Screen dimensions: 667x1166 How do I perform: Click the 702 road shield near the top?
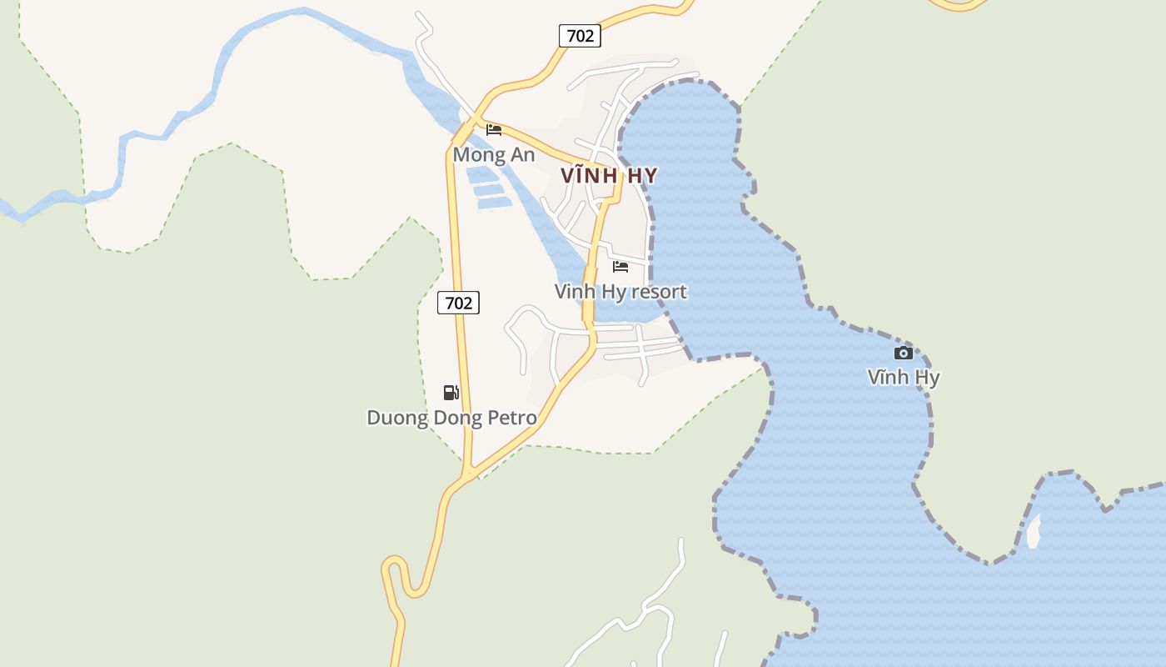click(580, 36)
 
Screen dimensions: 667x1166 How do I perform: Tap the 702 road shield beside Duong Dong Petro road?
click(458, 303)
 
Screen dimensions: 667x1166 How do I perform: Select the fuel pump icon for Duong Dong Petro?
click(451, 393)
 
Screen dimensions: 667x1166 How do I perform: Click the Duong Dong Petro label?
click(451, 417)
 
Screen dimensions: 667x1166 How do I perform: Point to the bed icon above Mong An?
click(494, 130)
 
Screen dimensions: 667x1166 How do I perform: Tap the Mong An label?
click(494, 155)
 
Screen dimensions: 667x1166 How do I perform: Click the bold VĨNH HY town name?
click(609, 176)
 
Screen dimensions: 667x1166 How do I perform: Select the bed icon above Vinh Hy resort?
click(620, 267)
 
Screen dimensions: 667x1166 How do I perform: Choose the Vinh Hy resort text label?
click(620, 292)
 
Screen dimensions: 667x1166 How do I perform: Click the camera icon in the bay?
click(904, 353)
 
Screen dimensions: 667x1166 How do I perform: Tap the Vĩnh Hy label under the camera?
click(904, 378)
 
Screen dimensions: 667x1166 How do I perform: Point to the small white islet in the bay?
click(1034, 532)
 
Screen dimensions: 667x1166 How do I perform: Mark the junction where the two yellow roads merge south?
click(470, 474)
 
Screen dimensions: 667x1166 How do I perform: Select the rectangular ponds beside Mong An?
click(487, 188)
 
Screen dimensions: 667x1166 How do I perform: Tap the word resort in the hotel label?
click(659, 292)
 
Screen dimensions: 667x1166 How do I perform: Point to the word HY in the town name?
click(640, 176)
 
